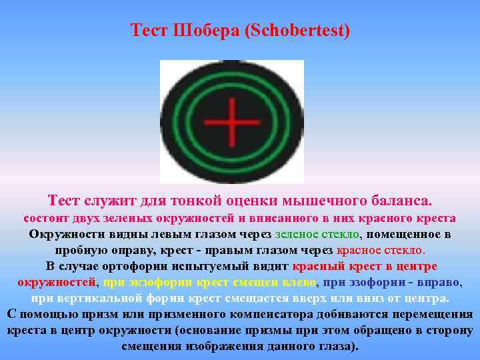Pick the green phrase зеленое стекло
pyautogui.click(x=317, y=234)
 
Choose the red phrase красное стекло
pyautogui.click(x=380, y=250)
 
